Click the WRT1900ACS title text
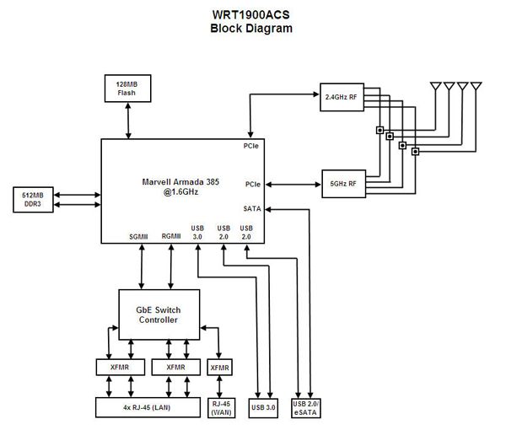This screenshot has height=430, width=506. (252, 14)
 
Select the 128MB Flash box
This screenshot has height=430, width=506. (127, 89)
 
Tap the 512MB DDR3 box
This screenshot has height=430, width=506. (34, 199)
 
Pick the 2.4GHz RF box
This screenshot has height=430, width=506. (341, 96)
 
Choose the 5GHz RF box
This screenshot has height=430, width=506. (342, 182)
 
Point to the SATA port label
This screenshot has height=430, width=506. (252, 207)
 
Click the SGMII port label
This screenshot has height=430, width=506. (139, 237)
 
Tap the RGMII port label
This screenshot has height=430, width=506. (171, 237)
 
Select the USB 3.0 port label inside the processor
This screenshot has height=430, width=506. (197, 233)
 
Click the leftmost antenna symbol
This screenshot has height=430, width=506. (436, 87)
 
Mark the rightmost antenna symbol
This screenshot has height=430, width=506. (476, 87)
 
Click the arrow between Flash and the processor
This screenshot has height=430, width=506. (127, 121)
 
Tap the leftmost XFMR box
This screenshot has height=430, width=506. (119, 367)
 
